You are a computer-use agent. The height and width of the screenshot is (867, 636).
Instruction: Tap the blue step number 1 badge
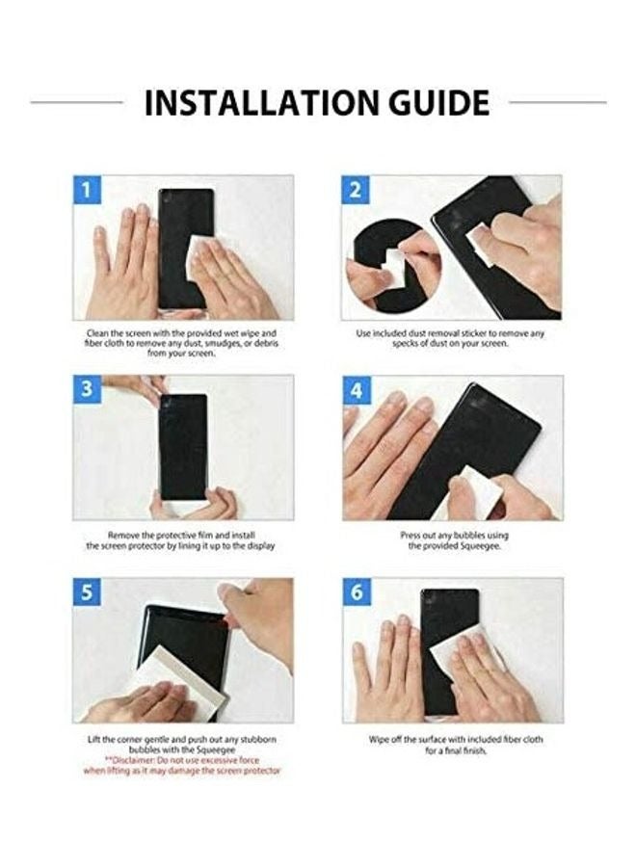(x=87, y=190)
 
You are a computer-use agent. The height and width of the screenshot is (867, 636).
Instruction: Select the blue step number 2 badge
(x=356, y=190)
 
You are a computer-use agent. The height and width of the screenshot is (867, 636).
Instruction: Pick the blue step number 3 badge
(x=87, y=390)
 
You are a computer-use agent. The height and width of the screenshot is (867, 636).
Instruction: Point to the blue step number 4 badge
(x=356, y=390)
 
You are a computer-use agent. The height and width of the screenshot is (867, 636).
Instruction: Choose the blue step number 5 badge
(x=87, y=591)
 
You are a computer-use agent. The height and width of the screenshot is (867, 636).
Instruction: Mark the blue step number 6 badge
(x=356, y=591)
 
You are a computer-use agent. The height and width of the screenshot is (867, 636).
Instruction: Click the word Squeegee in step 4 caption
(x=476, y=546)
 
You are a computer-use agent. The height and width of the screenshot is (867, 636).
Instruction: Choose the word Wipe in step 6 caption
(x=379, y=739)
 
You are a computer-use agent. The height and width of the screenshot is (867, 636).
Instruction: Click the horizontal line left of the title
(x=77, y=102)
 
